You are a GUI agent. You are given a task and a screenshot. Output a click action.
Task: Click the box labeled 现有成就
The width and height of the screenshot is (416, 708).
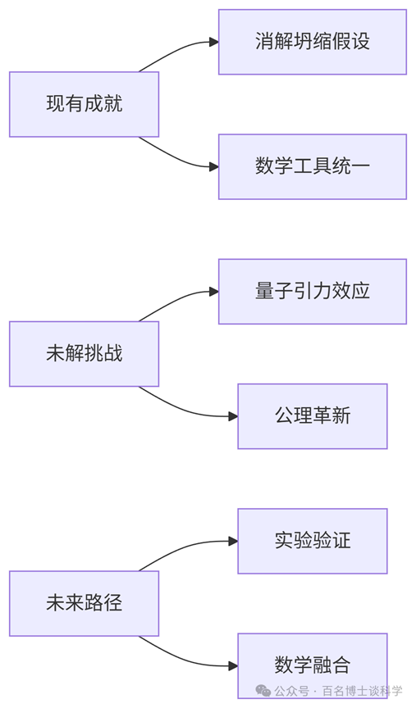coord(85,104)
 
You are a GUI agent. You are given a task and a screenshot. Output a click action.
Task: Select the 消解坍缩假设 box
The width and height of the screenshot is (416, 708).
coord(313,42)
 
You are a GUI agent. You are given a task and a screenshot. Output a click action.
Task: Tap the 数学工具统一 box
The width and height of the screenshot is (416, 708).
coord(313,166)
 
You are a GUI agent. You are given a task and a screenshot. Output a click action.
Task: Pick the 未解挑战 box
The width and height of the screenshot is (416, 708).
coord(85,354)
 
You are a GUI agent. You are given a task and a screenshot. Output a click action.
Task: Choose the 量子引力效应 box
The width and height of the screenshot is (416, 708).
coord(313,292)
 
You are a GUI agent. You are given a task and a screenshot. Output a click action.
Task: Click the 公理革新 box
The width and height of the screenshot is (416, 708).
coord(313,416)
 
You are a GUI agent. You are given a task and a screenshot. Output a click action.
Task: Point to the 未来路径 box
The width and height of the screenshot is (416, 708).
coord(85,603)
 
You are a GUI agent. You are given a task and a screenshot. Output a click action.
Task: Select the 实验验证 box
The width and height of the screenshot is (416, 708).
coord(313,541)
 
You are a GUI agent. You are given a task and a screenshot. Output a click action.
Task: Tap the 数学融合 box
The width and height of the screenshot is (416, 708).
coord(313,665)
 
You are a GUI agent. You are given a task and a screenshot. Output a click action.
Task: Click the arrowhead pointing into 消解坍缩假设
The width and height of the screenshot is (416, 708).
coord(214,42)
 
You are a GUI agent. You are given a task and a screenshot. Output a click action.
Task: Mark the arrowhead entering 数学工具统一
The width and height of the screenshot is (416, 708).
coord(214,166)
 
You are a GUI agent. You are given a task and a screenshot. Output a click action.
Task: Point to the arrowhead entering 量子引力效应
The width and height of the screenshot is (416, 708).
coord(214,292)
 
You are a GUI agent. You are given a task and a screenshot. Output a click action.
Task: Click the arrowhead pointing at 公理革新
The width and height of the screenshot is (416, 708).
coord(233,416)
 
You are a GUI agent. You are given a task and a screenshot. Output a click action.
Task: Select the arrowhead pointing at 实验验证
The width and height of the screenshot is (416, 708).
coord(233,541)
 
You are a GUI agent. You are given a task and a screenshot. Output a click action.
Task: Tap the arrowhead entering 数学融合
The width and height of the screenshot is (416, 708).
coord(233,665)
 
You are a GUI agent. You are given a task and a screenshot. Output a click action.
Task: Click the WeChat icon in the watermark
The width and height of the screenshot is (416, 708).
coord(263,691)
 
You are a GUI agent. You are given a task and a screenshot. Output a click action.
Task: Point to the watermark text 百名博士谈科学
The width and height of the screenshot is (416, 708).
coord(362,691)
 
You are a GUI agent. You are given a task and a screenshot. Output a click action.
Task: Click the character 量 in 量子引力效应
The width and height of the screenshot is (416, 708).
coord(264,291)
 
